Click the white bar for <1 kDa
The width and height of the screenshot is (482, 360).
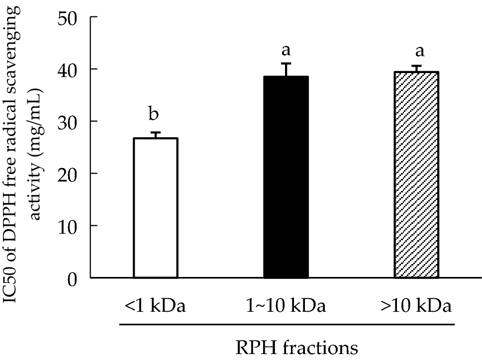pos(156,208)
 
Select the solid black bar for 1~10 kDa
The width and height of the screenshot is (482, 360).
pos(286,177)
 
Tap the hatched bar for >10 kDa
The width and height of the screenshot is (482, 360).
pos(416,175)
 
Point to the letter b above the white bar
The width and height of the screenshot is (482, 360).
pos(154,115)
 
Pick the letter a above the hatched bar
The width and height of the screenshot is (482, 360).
pos(416,52)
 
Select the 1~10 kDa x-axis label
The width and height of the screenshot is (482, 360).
pos(286,304)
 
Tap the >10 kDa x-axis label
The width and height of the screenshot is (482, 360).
pos(417,304)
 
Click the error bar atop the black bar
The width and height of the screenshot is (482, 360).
pos(286,70)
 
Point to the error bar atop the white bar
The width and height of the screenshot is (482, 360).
pos(156,135)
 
